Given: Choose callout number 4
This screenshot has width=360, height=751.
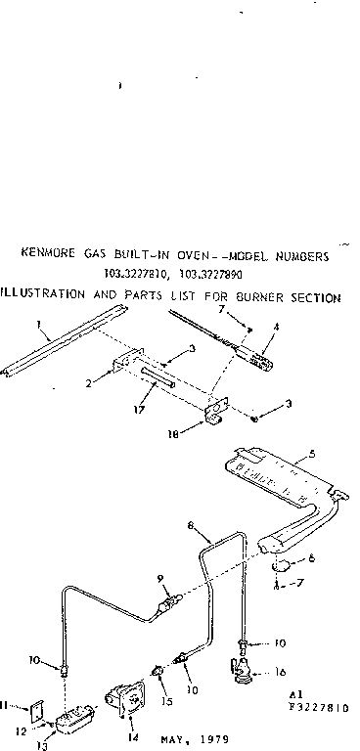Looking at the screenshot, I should (x=278, y=327).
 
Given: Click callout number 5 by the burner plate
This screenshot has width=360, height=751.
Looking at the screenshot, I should (x=311, y=453).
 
